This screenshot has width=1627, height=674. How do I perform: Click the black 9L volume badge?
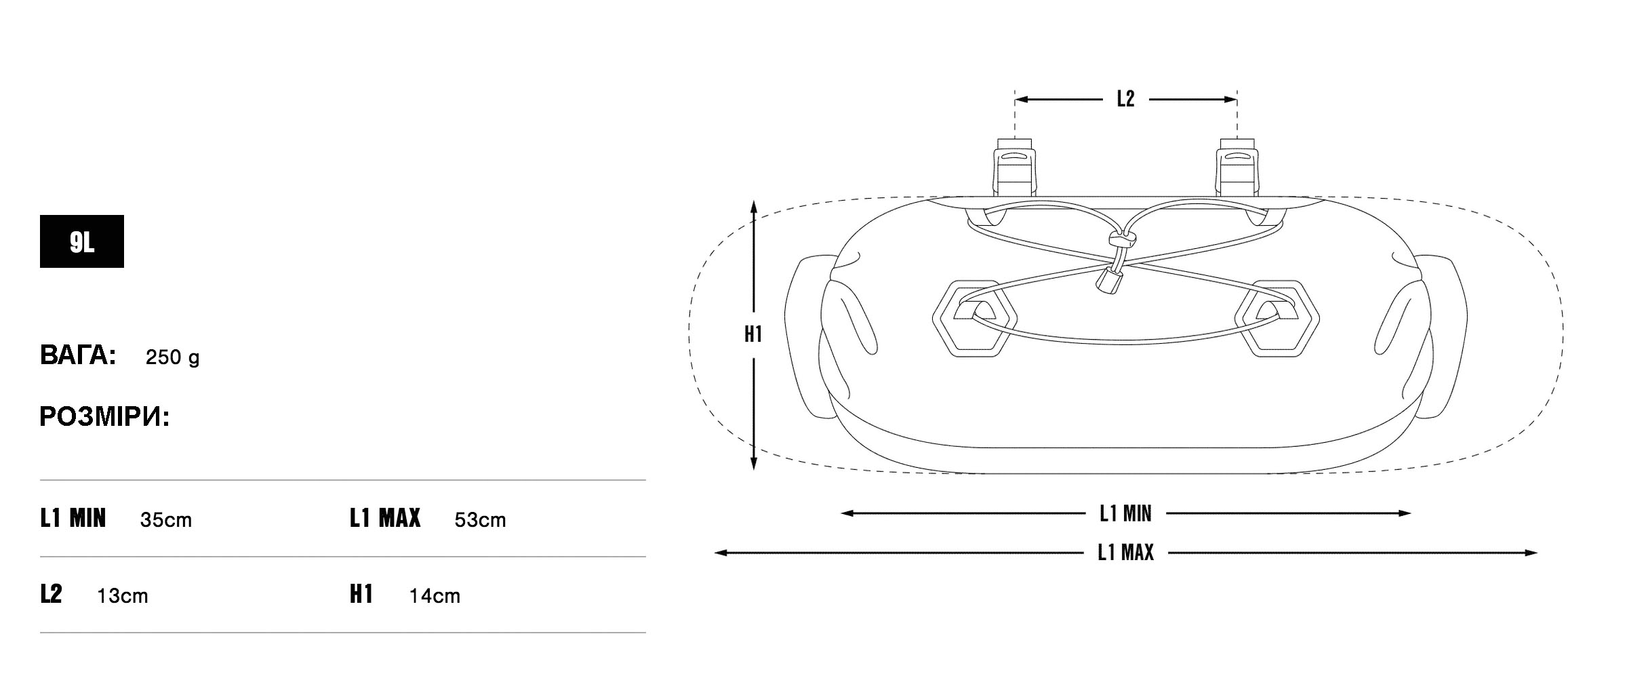[x=81, y=241]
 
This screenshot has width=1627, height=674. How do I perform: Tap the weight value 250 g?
[x=172, y=357]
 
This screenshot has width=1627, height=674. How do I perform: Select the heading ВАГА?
[x=78, y=355]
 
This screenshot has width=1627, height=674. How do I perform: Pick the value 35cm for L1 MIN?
[x=165, y=520]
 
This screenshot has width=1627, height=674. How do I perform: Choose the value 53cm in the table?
[x=480, y=520]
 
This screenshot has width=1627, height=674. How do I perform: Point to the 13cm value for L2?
[x=122, y=596]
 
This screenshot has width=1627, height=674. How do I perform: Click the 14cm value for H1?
[x=435, y=596]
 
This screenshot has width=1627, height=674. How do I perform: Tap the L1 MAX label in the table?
[x=385, y=519]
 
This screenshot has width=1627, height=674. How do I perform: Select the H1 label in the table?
[x=361, y=595]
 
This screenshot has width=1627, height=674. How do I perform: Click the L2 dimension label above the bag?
[x=1125, y=100]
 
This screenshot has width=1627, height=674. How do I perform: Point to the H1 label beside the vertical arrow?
[x=753, y=334]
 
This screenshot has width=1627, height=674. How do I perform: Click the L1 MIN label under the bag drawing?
[x=1125, y=514]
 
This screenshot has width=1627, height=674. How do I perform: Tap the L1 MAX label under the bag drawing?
[x=1125, y=553]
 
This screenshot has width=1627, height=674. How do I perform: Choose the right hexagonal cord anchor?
[x=1277, y=318]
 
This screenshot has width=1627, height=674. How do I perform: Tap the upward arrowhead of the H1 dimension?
[x=753, y=207]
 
